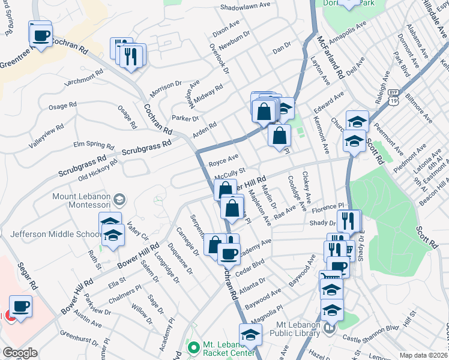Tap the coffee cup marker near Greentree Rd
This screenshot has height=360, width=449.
[x=40, y=35]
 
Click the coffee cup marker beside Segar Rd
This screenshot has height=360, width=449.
[x=20, y=307]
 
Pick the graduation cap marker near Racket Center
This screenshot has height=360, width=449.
[x=250, y=335]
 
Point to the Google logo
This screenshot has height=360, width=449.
[x=20, y=353]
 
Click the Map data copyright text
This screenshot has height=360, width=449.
[x=424, y=355]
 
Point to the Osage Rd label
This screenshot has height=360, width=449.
[x=62, y=105]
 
